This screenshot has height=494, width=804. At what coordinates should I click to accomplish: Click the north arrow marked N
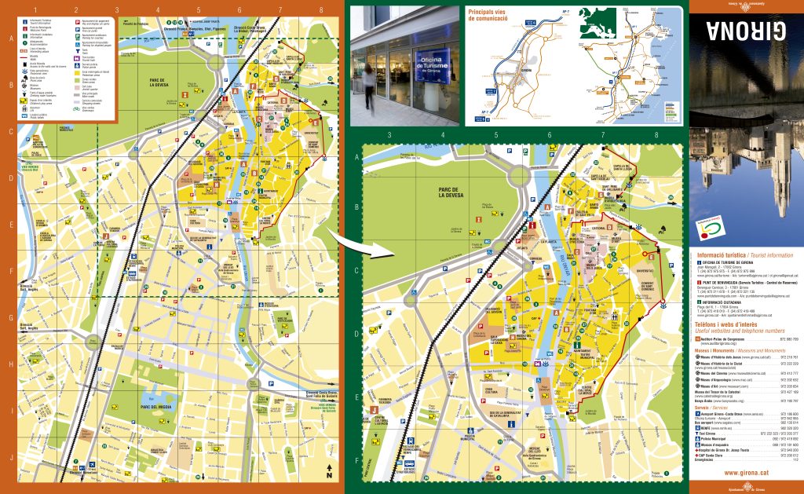click(x=330, y=473)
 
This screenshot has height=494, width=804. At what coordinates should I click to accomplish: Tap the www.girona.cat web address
click(x=744, y=472)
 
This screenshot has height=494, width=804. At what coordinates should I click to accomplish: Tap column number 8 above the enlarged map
click(x=656, y=135)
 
